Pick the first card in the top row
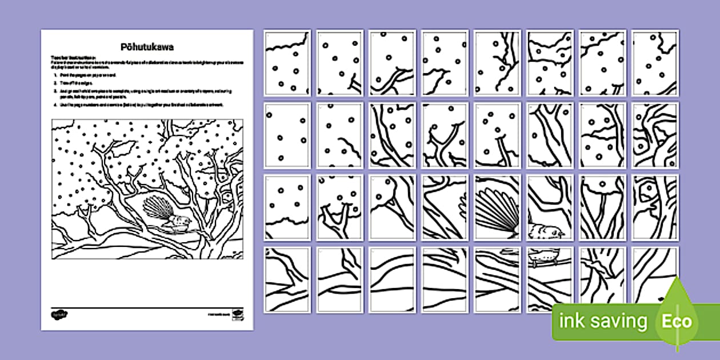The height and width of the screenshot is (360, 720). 287,63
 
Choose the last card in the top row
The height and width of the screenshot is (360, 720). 655,63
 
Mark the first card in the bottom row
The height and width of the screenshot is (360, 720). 287,280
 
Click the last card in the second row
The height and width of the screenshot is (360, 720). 655,135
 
